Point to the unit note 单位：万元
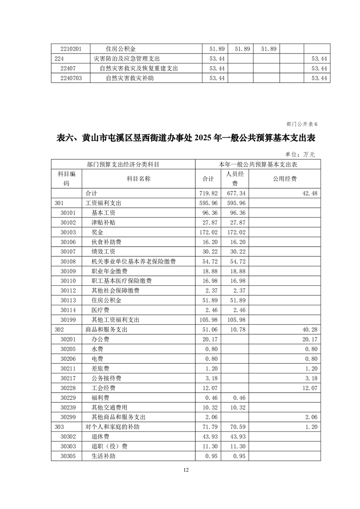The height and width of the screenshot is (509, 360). click(300, 154)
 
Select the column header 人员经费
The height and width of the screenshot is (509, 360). click(235, 179)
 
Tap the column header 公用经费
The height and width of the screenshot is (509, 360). click(285, 179)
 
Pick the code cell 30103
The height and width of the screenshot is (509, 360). click(68, 232)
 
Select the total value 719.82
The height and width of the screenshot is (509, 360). click(208, 193)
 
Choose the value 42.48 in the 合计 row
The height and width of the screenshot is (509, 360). click(309, 193)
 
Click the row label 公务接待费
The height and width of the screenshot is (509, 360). click(106, 378)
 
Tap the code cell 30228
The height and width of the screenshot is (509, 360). click(68, 388)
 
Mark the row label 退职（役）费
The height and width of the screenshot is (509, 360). click(109, 446)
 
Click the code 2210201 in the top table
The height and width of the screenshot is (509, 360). click(71, 49)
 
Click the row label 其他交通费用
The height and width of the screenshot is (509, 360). click(109, 407)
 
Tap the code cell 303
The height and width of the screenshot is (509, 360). click(59, 427)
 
